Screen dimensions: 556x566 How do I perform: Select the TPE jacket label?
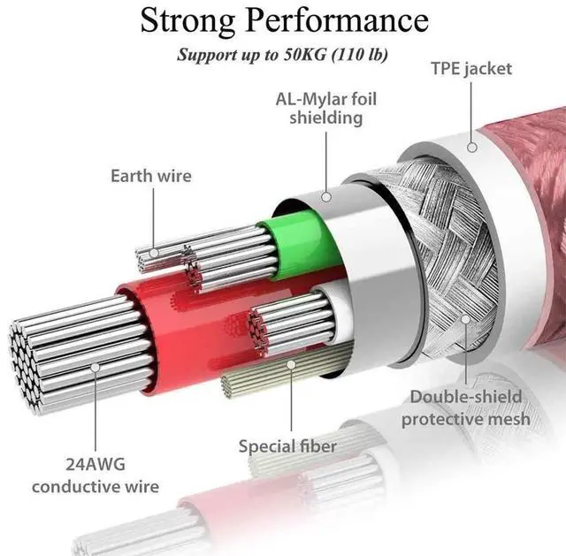[471, 68]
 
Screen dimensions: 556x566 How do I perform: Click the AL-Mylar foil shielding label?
[326, 107]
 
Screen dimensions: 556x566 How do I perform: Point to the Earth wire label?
[150, 176]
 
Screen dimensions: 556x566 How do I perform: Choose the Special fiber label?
[287, 446]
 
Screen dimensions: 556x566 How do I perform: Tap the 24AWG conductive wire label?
[96, 474]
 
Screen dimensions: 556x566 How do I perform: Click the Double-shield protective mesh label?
[465, 407]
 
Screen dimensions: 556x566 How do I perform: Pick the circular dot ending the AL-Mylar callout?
[325, 196]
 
